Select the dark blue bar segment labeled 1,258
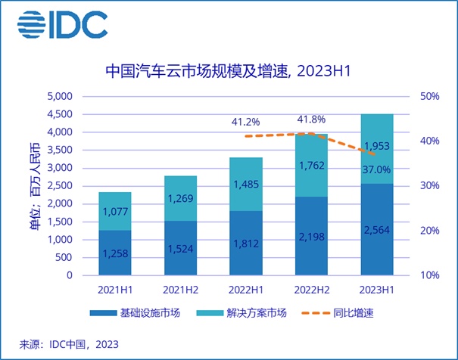[115, 253]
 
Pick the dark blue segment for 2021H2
[180, 248]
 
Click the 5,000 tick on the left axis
[58, 97]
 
